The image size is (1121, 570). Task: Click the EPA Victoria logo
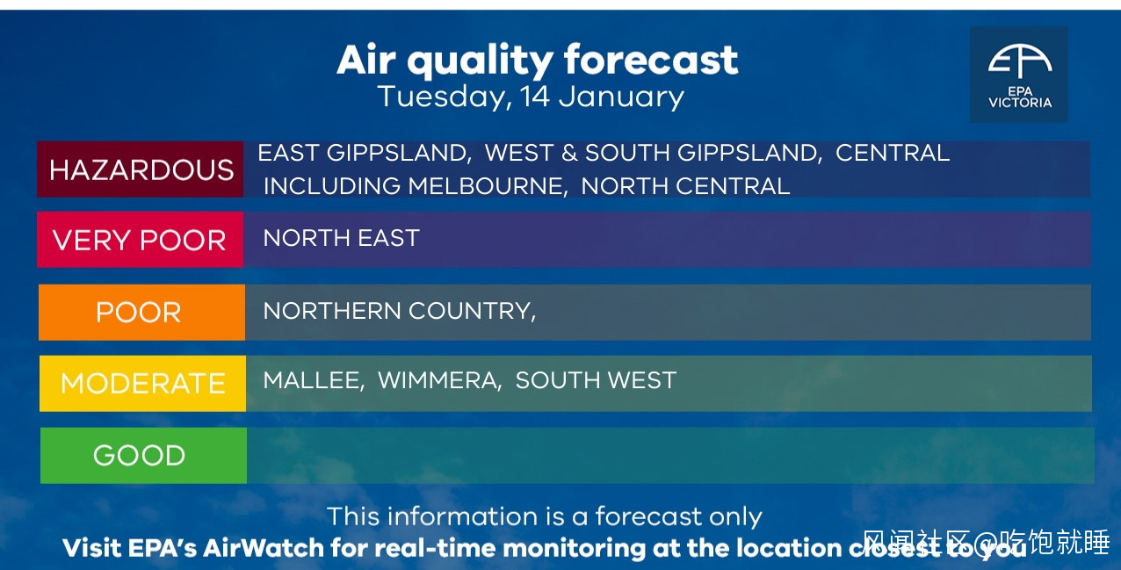tap(1019, 75)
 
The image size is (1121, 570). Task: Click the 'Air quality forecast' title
tap(537, 61)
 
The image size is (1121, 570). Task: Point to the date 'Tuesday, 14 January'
tap(531, 97)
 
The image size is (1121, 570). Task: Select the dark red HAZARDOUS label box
tap(141, 170)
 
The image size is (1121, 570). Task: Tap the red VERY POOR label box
tap(141, 239)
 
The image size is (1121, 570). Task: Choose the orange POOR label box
tap(141, 313)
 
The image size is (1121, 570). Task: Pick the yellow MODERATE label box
tap(142, 383)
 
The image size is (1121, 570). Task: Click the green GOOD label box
tap(143, 456)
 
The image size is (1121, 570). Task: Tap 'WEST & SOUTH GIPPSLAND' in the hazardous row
tap(652, 153)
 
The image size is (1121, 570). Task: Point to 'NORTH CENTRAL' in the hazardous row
tap(685, 186)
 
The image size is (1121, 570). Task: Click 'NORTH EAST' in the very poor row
tap(341, 238)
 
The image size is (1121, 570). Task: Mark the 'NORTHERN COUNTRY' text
tap(397, 311)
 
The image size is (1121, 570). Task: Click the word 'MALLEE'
tap(312, 380)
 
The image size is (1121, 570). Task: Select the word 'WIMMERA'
tap(438, 380)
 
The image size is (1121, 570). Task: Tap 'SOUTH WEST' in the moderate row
tap(596, 380)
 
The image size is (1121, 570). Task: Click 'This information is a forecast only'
tap(545, 516)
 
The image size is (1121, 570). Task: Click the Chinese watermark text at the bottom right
tap(986, 542)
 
